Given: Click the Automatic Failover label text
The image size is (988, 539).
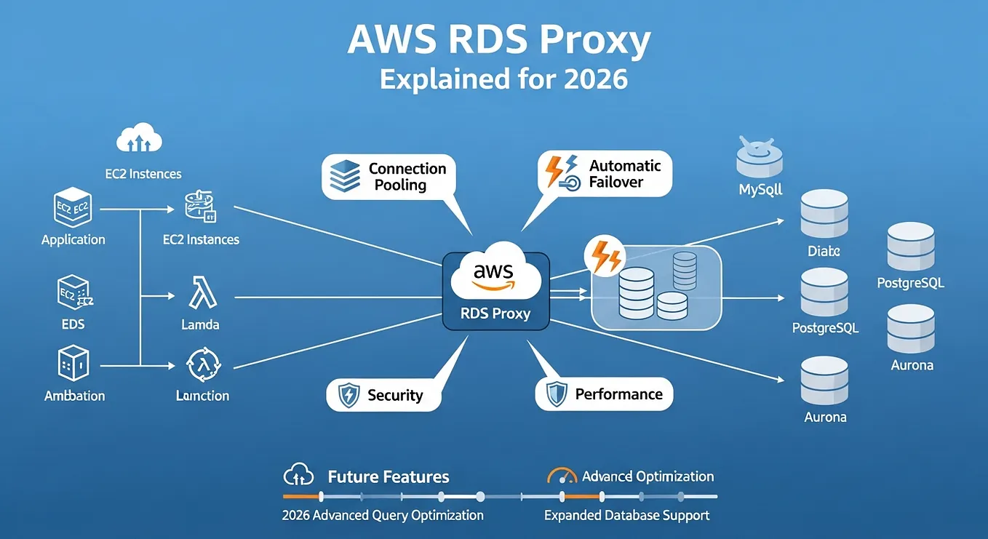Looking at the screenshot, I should click(615, 174).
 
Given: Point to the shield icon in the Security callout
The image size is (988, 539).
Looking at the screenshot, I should click(348, 395).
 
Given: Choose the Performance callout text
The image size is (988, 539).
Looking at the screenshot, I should click(618, 394).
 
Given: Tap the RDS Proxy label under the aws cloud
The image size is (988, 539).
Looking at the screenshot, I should click(495, 314).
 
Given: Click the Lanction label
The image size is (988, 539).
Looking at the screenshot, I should click(202, 396).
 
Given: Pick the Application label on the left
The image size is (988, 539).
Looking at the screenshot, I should click(73, 239).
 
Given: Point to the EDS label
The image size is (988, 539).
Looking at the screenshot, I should click(73, 324).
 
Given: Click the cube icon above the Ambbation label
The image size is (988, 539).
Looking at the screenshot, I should click(73, 363).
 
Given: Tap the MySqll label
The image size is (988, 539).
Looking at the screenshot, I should click(760, 190).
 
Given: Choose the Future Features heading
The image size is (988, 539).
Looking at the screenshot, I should click(388, 477).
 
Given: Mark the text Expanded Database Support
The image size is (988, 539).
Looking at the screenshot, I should click(626, 515).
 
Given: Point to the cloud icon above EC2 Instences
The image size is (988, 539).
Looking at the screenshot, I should click(138, 138).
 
